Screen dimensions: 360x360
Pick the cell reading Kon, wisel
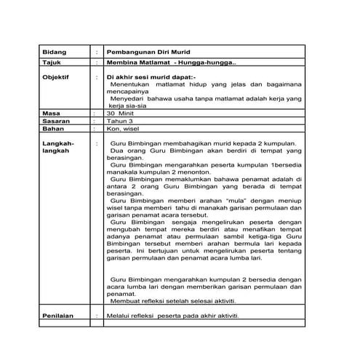point(123,129)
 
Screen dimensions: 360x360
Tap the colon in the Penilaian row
point(97,316)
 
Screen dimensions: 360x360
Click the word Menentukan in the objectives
point(129,84)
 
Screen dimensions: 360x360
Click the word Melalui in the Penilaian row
point(118,316)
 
